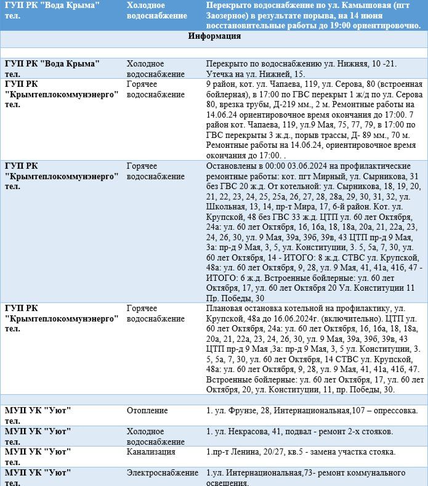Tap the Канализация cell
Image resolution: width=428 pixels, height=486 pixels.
[x=151, y=452]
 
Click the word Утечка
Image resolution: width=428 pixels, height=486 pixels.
[x=220, y=74]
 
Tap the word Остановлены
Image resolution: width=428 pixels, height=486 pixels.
[x=232, y=166]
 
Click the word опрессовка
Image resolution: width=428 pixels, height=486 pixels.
[x=394, y=410]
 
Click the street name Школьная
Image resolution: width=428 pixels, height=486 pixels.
[x=227, y=207]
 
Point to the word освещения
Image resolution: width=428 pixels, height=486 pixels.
[x=230, y=483]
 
